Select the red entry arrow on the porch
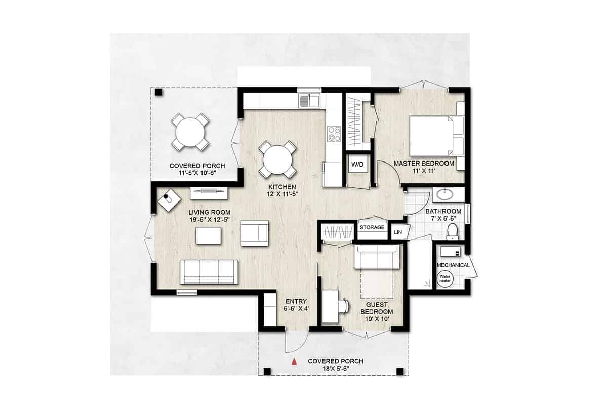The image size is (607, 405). (x=293, y=361)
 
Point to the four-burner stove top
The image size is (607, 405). (x=334, y=134)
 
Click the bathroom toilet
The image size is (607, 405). (x=453, y=232)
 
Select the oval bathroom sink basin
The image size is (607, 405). (x=449, y=194)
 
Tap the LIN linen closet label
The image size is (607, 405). (x=398, y=232)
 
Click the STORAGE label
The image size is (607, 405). (x=372, y=228)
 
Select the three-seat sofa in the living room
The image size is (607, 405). (x=209, y=272)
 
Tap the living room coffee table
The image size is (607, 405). (x=209, y=236)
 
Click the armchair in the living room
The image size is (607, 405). (x=254, y=233)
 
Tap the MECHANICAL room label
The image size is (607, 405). (x=453, y=265)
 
